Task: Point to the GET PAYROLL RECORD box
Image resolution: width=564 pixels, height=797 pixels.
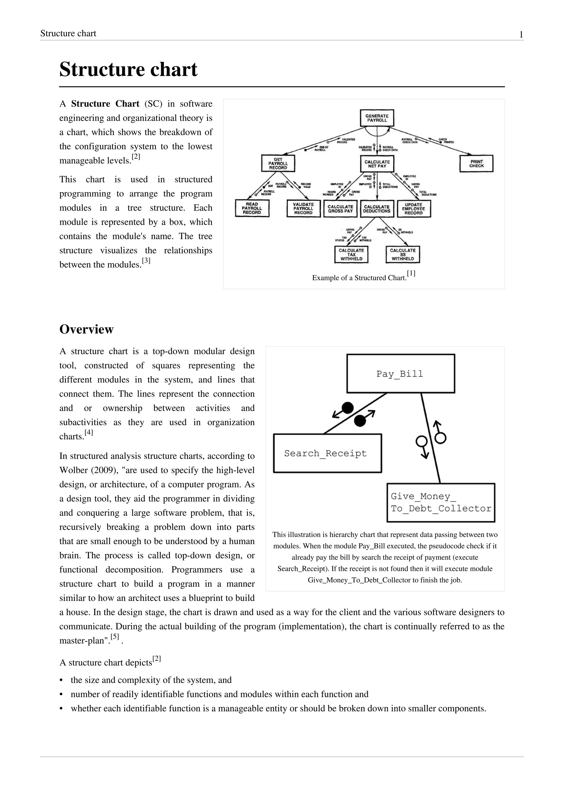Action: (278, 163)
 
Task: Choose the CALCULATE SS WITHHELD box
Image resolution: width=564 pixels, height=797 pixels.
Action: (403, 255)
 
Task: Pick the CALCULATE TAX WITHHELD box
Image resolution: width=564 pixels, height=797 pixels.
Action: (351, 255)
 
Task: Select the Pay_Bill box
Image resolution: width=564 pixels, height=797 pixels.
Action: (400, 373)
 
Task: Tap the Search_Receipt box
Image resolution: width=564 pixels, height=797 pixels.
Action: (327, 453)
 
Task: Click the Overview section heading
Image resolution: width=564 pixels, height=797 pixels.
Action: (86, 329)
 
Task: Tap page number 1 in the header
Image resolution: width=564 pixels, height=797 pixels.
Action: (521, 34)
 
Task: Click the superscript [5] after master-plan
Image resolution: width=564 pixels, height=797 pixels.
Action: (115, 637)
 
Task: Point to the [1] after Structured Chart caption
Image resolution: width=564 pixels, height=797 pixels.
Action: (411, 274)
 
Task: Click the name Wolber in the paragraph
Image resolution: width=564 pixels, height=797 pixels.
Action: (74, 470)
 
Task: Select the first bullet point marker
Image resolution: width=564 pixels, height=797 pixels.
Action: (62, 680)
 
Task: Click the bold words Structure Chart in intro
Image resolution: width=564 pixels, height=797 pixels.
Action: (105, 104)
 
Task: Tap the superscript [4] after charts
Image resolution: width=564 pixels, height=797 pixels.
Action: (89, 433)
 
